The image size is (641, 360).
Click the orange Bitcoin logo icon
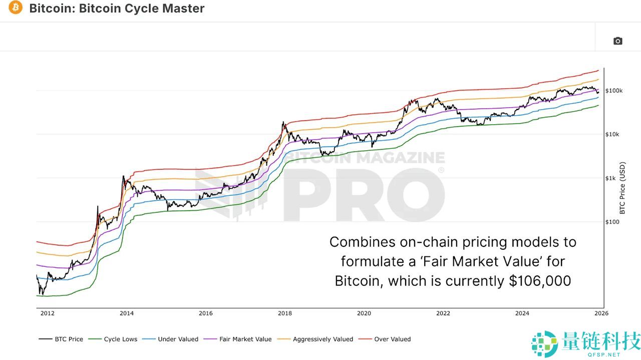click(x=16, y=8)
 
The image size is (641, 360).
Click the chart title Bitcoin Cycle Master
click(x=117, y=9)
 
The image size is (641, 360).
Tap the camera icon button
click(x=617, y=41)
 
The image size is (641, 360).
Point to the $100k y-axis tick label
click(x=614, y=91)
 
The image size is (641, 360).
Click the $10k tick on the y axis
click(x=612, y=134)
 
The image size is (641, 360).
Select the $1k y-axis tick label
click(x=611, y=178)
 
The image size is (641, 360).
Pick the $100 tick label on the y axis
click(x=612, y=222)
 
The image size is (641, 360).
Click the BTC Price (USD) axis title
click(x=622, y=187)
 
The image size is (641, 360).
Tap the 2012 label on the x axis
click(x=47, y=313)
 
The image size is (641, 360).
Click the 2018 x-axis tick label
click(x=284, y=313)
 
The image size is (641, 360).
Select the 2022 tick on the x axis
click(x=443, y=313)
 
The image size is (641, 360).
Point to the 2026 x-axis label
click(x=601, y=313)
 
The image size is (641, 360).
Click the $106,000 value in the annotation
click(x=540, y=281)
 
